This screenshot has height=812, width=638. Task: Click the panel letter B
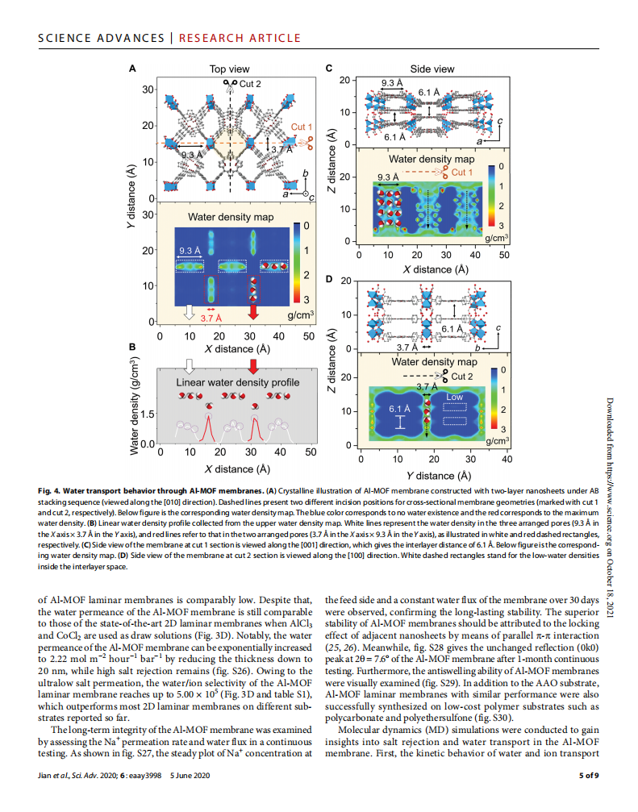click(x=132, y=347)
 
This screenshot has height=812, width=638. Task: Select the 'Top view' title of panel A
click(x=229, y=70)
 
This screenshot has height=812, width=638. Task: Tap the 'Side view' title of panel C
click(x=432, y=69)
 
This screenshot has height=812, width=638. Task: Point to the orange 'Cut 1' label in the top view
click(x=302, y=127)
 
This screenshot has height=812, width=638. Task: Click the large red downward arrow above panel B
click(x=254, y=366)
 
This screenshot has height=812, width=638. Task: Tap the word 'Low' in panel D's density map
click(x=455, y=397)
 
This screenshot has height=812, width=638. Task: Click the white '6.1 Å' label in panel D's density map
click(x=400, y=409)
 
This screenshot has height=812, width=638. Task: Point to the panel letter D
click(x=329, y=279)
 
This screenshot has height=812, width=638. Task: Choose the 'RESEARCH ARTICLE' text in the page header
click(x=240, y=38)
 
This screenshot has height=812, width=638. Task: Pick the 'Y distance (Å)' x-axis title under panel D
click(x=436, y=475)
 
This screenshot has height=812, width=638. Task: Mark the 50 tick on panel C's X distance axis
click(x=504, y=255)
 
